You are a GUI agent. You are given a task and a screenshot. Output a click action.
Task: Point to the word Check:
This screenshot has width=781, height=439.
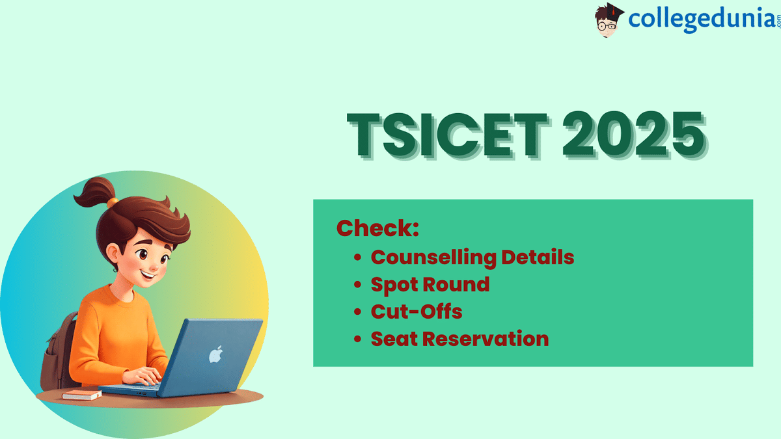pos(377,228)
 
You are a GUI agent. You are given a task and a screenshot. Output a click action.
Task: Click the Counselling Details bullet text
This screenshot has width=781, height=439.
pos(473,257)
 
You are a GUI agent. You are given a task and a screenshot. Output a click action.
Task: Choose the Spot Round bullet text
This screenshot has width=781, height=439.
pos(430,284)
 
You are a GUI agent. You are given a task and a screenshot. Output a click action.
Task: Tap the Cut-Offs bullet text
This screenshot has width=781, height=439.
pos(417,312)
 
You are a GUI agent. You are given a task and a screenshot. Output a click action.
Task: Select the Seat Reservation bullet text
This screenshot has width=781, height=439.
pos(459,339)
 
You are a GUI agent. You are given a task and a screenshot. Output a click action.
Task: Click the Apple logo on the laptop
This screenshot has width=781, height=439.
pos(215,355)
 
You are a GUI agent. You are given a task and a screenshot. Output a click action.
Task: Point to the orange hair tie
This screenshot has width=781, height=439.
pos(113,202)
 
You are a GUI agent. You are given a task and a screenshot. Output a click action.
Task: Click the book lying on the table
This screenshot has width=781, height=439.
pos(82,395)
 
